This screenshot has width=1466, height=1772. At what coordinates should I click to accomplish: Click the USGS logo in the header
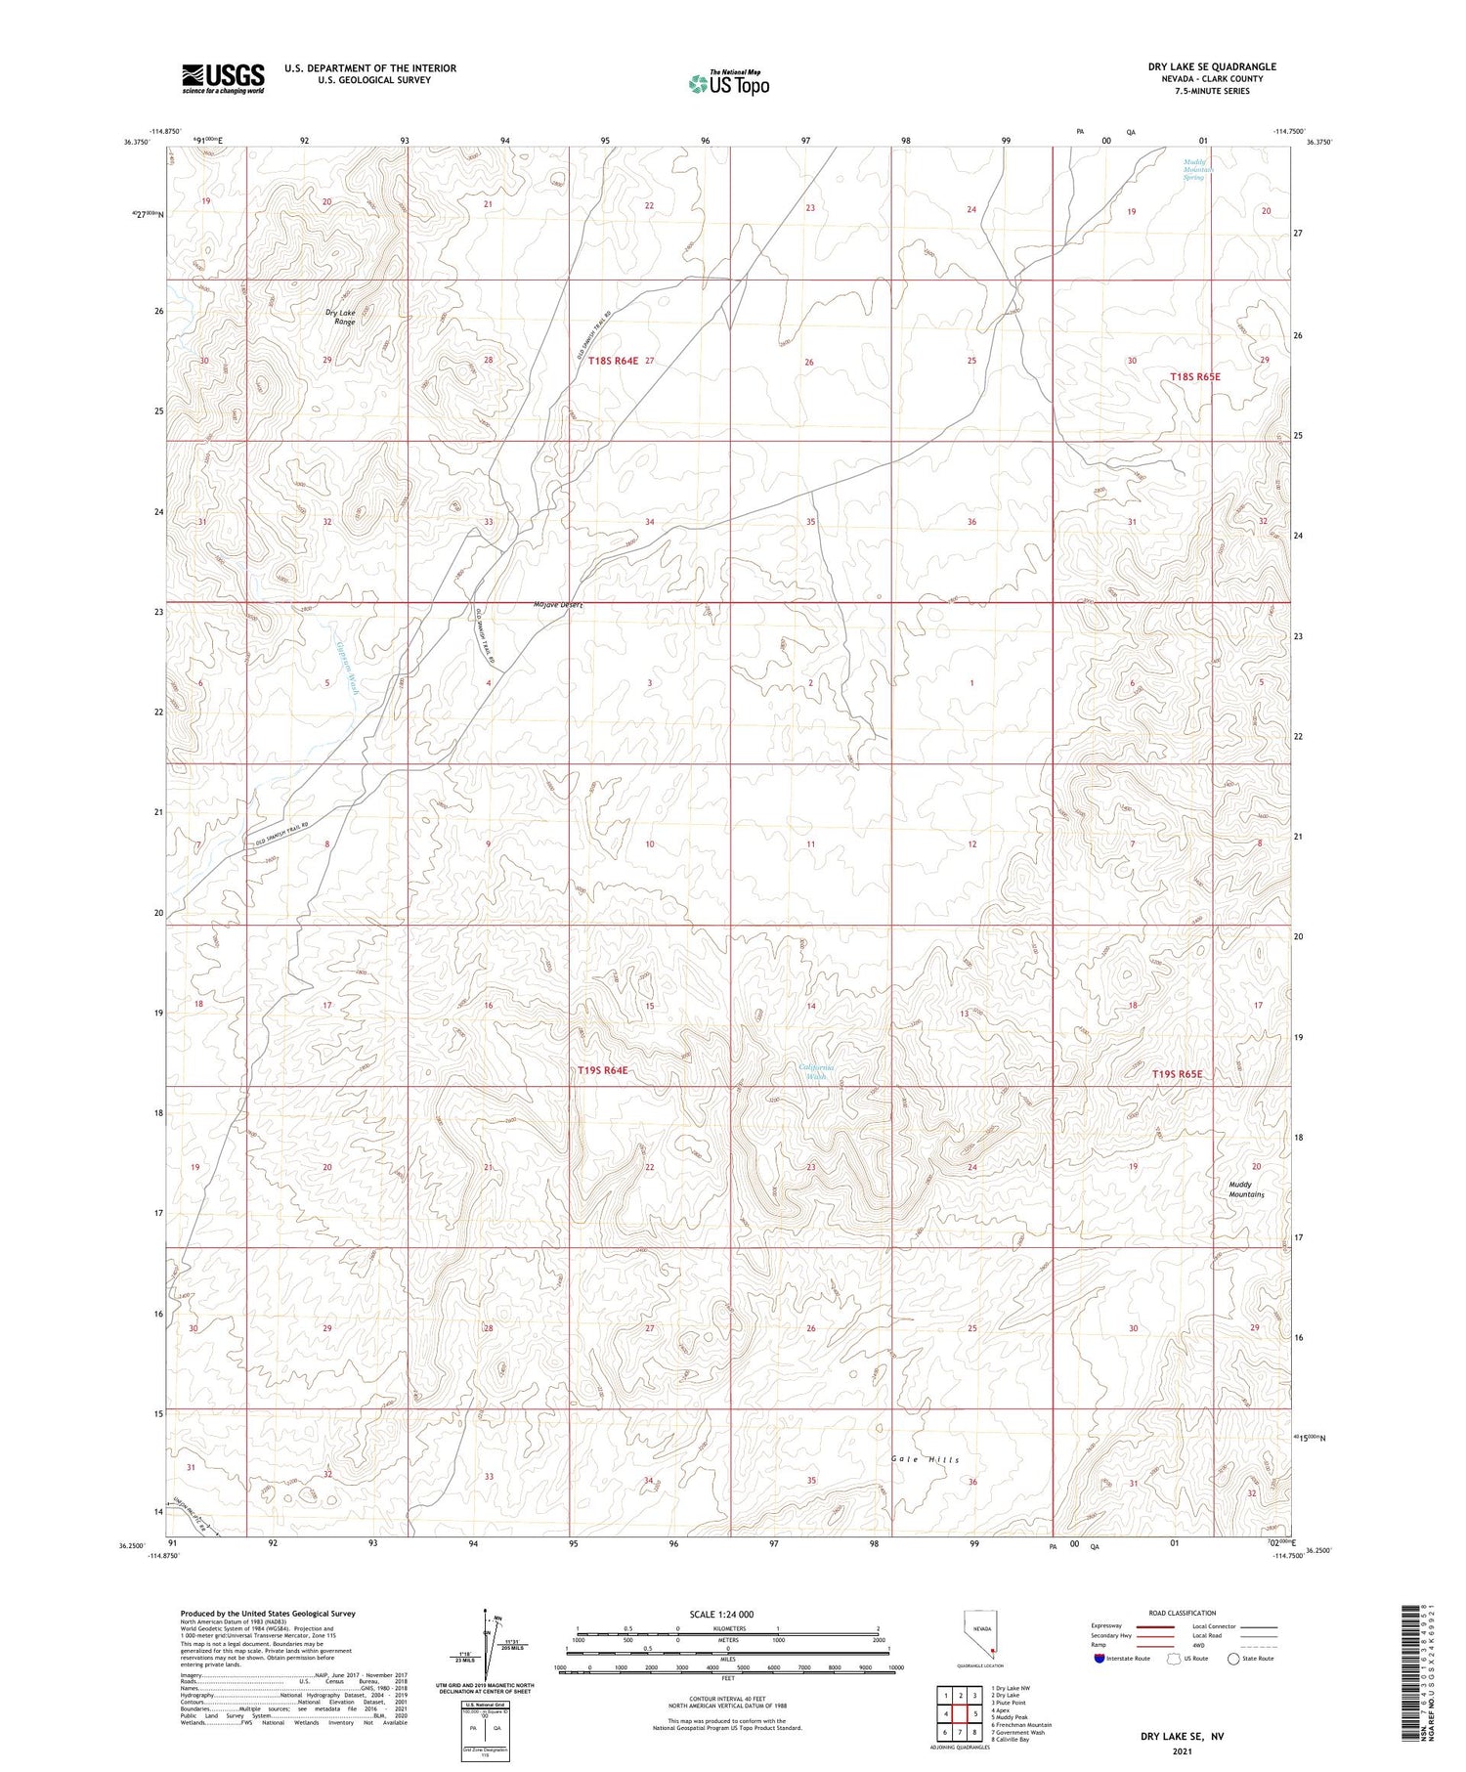[223, 78]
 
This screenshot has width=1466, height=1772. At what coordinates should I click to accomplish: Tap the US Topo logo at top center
[728, 84]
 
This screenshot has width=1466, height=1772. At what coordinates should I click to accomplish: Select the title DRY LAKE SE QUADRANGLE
[1212, 66]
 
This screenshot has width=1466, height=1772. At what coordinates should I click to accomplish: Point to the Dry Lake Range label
[341, 317]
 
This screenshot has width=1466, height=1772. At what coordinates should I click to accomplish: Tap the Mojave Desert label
[558, 605]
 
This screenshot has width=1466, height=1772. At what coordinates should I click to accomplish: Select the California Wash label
[816, 1072]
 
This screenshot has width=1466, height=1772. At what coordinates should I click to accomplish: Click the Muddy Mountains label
[1246, 1189]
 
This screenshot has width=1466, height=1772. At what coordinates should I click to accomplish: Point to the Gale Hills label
[925, 1460]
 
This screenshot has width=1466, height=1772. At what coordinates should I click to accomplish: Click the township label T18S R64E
[606, 361]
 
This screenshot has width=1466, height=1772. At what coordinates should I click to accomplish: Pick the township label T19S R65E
[1177, 1074]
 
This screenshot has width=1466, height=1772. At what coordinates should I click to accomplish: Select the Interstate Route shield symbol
[1099, 1659]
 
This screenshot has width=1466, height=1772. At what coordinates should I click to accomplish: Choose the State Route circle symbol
[1233, 1659]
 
